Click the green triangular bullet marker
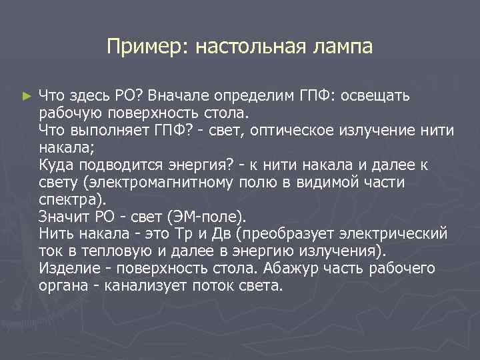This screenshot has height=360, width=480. click(26, 97)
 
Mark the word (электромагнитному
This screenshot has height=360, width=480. click(157, 182)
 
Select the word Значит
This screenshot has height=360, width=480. click(63, 217)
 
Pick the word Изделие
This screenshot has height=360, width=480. click(67, 269)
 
